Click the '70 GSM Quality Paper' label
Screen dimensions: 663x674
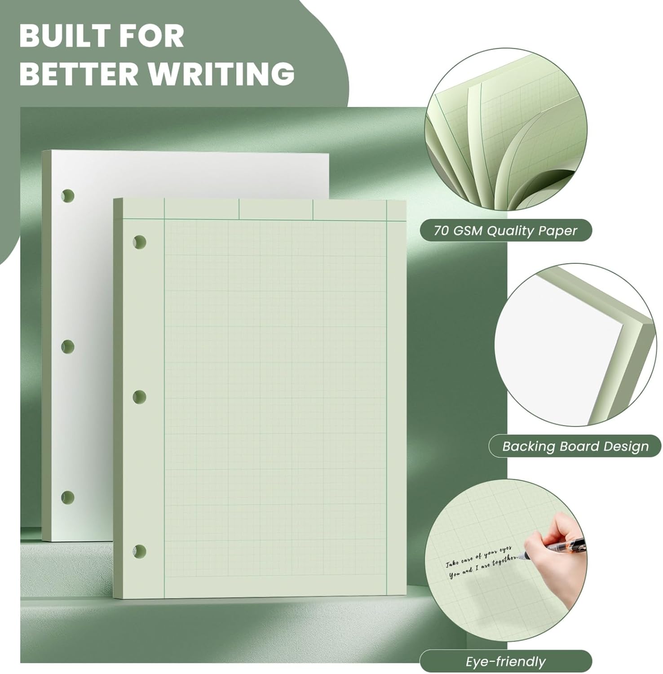(x=505, y=231)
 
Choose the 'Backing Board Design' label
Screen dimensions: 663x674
(x=575, y=446)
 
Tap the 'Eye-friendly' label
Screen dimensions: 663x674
(x=505, y=661)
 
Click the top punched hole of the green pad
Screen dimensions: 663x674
(x=140, y=242)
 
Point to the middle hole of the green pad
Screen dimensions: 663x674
(x=140, y=397)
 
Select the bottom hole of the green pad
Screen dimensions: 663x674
(x=140, y=551)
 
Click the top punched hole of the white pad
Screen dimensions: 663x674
(x=68, y=196)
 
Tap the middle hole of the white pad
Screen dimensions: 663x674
(x=68, y=346)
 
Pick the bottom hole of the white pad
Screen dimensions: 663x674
(x=68, y=497)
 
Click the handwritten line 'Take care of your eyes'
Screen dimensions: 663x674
(x=479, y=554)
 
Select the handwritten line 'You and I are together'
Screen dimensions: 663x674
(x=484, y=567)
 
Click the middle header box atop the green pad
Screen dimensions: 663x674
(x=276, y=209)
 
